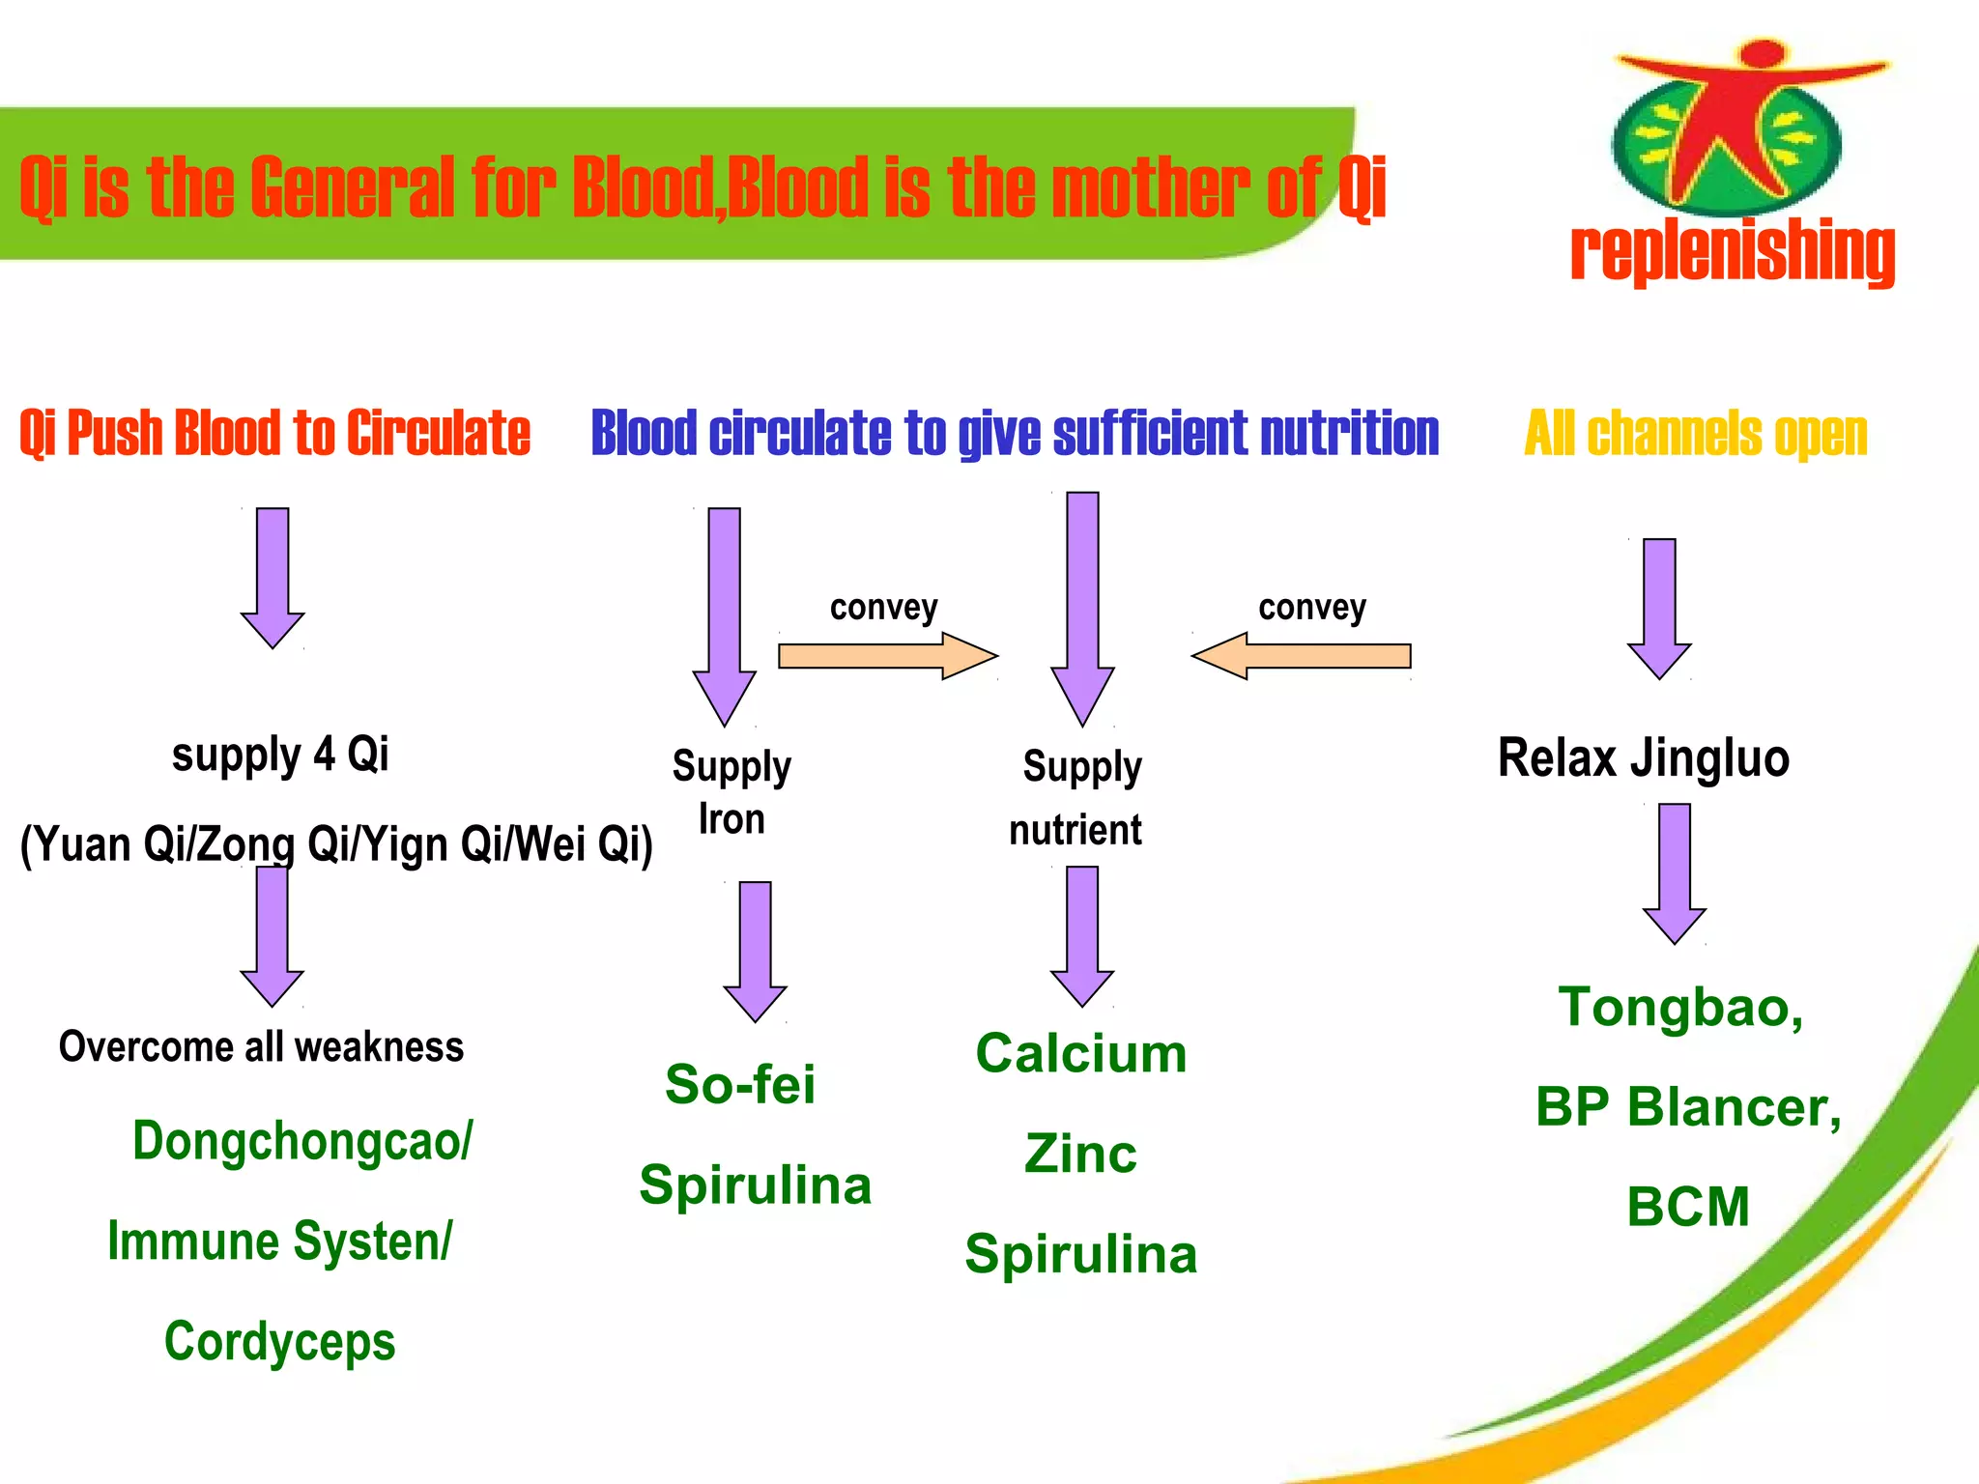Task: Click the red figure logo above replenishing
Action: coord(1730,126)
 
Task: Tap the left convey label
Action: coord(883,608)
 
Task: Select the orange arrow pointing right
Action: coord(887,656)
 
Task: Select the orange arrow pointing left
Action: coord(1302,656)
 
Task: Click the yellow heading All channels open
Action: coord(1695,433)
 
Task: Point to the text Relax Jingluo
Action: coord(1643,757)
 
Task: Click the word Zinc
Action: coord(1080,1154)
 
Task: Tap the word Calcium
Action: coord(1080,1053)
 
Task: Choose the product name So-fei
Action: coord(740,1084)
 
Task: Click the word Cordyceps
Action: coord(279,1342)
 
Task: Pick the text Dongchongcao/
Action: coord(302,1141)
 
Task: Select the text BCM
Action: coord(1687,1207)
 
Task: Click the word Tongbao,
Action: coord(1680,1008)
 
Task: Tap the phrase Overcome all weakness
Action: coord(261,1047)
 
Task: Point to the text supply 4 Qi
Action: coord(280,754)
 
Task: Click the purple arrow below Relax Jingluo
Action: coord(1674,871)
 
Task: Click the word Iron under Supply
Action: coord(731,819)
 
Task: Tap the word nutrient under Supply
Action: coord(1075,830)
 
